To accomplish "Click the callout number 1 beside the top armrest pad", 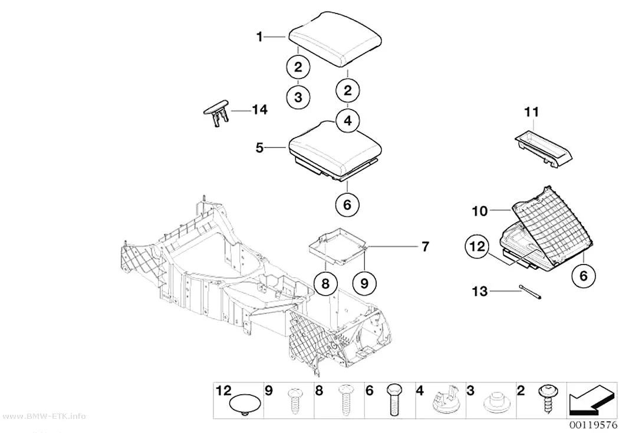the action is [259, 37].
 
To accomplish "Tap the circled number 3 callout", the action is [298, 97].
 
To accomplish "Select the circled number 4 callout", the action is [347, 120].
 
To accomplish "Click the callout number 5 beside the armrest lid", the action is [259, 148].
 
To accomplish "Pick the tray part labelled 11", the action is [544, 150].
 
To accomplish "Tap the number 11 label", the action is [531, 112].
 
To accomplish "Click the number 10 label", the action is [480, 211].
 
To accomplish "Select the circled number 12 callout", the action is [477, 246].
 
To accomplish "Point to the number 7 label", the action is [425, 246].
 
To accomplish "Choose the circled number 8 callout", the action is [325, 283].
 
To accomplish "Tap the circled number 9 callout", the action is [364, 283].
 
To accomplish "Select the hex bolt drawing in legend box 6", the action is [393, 399].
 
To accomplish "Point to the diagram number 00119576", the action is [592, 425].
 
